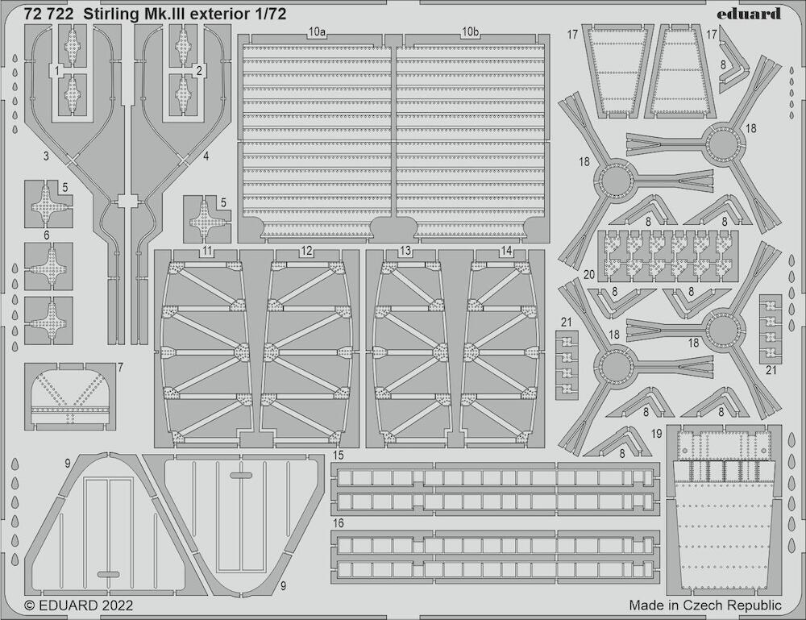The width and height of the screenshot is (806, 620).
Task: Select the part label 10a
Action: pyautogui.click(x=317, y=32)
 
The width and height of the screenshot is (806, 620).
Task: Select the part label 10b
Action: pyautogui.click(x=470, y=32)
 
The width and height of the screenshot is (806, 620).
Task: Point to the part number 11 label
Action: pyautogui.click(x=207, y=251)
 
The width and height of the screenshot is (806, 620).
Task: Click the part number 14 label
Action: pyautogui.click(x=506, y=251)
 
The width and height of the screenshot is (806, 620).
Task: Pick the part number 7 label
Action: pyautogui.click(x=120, y=367)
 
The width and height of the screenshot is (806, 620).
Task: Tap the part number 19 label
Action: pyautogui.click(x=656, y=434)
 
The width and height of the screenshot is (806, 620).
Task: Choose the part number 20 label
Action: pyautogui.click(x=589, y=275)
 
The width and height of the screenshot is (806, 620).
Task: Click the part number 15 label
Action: pyautogui.click(x=338, y=455)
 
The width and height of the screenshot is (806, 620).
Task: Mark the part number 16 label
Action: pyautogui.click(x=338, y=523)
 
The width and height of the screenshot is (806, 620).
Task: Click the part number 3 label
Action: pyautogui.click(x=46, y=156)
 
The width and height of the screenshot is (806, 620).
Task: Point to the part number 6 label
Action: pyautogui.click(x=47, y=235)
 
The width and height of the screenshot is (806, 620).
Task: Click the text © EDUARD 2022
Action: pyautogui.click(x=79, y=605)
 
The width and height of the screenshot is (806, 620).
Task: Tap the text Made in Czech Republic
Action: pyautogui.click(x=705, y=605)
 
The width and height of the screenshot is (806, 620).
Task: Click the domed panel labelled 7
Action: pyautogui.click(x=69, y=397)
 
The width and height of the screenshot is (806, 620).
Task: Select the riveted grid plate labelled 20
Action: pyautogui.click(x=668, y=256)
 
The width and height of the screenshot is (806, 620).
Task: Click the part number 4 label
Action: pyautogui.click(x=206, y=156)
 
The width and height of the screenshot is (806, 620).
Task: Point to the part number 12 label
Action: pyautogui.click(x=306, y=251)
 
